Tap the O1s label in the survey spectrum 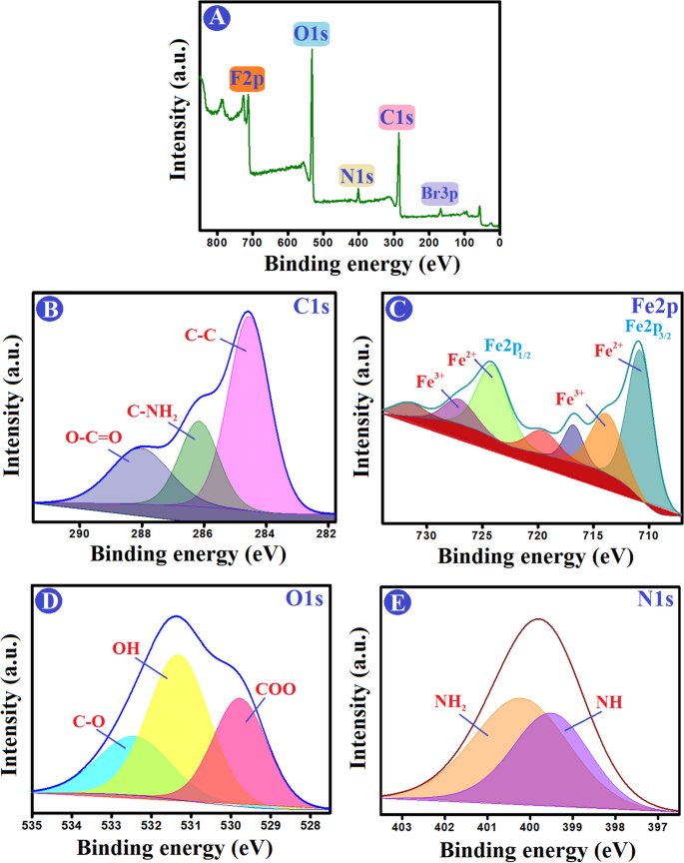click(x=312, y=35)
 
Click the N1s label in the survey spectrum click(x=356, y=178)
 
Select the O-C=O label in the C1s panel click(x=66, y=437)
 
